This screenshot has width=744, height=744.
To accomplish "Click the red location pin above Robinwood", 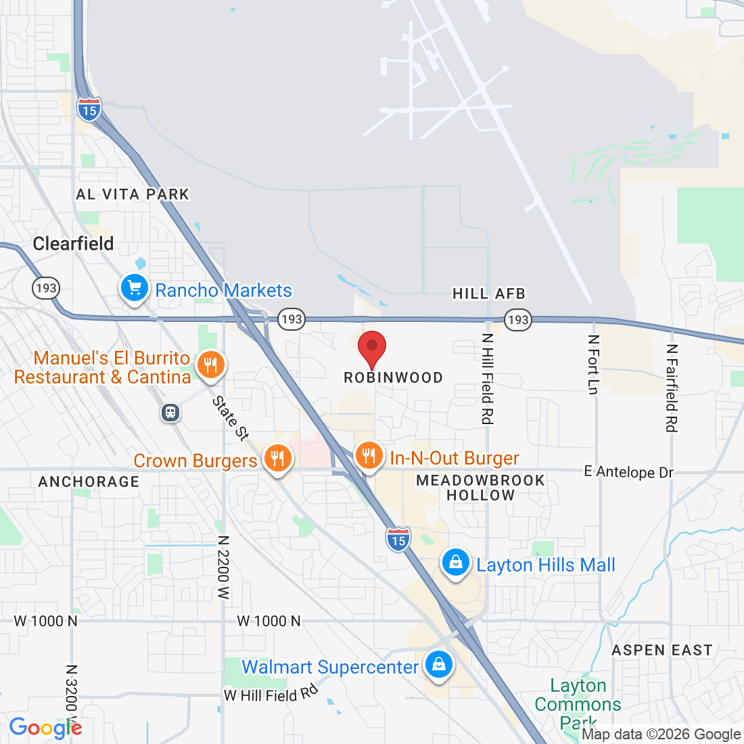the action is [371, 348].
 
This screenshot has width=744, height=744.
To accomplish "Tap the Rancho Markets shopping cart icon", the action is [135, 289].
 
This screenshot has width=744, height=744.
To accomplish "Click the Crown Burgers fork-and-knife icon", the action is [277, 459].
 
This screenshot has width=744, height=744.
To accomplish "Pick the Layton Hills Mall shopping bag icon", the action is [456, 563].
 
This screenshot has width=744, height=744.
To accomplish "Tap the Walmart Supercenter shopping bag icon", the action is [439, 665].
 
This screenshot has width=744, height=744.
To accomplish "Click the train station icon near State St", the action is [171, 412].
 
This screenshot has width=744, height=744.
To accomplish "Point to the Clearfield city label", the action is [73, 243].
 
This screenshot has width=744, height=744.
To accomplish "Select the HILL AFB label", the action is [488, 294].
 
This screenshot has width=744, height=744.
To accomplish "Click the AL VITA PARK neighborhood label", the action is [133, 195].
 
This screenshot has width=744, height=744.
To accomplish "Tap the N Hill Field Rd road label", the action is [487, 379].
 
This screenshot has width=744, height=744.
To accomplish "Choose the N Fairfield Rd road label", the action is [671, 388].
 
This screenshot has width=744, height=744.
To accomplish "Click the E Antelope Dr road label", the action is [628, 471].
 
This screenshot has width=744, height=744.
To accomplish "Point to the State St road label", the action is [231, 419].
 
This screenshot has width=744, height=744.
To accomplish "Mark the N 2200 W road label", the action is [223, 567].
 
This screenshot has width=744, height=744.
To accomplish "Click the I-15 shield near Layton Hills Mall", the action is [398, 539].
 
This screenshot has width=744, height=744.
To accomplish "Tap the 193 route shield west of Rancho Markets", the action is [46, 288].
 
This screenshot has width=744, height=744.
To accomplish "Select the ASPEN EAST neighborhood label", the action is [661, 651].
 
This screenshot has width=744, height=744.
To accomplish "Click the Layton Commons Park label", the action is [578, 704].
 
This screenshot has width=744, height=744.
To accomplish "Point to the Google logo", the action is [45, 728].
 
